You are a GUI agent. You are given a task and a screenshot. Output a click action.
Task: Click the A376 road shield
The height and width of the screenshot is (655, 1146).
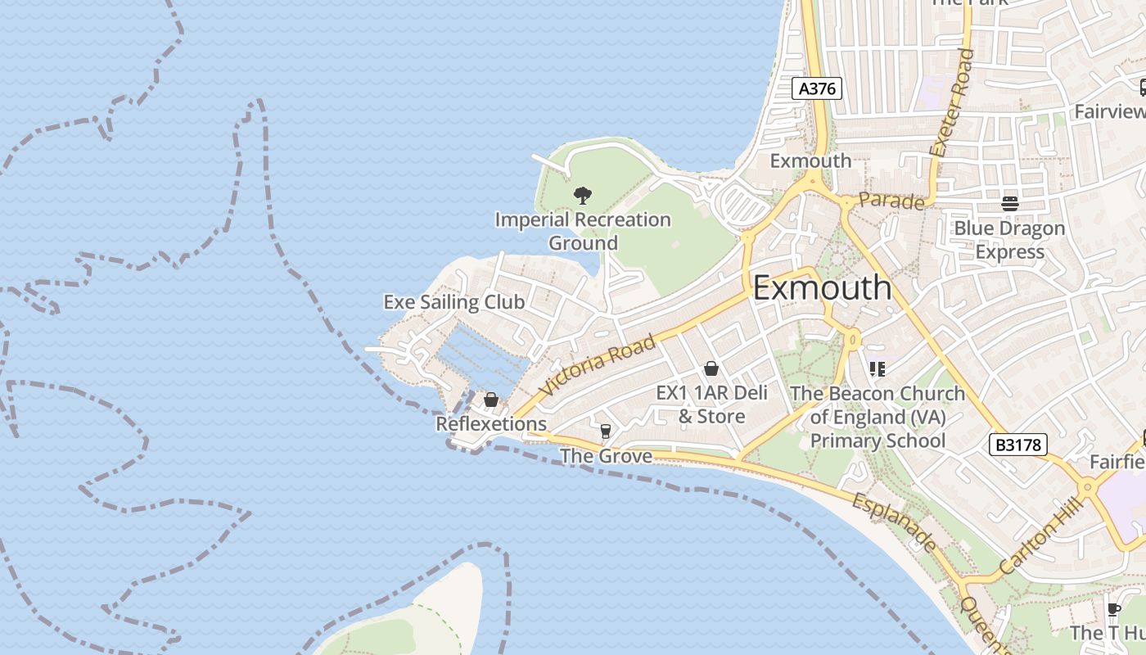point(817,88)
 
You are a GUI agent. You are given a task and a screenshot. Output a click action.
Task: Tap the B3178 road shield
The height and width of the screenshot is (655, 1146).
point(1018,445)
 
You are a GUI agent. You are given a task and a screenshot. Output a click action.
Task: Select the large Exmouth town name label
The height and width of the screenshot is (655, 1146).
point(822,287)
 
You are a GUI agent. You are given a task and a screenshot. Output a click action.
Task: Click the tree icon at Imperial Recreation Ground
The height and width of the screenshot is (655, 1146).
point(583,195)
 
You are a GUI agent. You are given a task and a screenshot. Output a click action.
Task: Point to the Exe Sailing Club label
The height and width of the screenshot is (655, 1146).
point(453,302)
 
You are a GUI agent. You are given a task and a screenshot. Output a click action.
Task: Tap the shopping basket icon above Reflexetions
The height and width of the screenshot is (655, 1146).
point(491,400)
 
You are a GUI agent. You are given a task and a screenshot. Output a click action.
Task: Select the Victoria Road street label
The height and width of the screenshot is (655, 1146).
point(599,365)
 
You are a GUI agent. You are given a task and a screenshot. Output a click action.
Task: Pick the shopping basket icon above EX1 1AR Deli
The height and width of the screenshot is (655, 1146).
point(711,368)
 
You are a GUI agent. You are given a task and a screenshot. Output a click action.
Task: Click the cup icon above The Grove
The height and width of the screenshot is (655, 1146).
point(606,431)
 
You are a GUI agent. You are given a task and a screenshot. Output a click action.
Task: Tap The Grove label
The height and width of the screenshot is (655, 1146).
point(606,456)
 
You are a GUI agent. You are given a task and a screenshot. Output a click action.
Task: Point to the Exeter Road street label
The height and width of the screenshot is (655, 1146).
point(953,103)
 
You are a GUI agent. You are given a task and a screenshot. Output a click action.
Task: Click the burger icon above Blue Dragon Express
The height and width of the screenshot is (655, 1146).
point(1009,203)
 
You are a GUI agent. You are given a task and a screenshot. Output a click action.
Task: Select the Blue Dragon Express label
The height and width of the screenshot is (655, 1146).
point(1009,240)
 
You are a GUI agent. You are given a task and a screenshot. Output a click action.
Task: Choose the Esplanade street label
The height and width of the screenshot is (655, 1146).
point(894,522)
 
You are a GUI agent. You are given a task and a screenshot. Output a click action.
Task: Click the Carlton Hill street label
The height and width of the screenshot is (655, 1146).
point(1042,535)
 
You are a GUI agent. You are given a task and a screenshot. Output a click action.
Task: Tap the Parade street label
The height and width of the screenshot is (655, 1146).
point(891,201)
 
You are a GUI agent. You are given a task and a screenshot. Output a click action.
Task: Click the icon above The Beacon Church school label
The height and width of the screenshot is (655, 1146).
point(878,369)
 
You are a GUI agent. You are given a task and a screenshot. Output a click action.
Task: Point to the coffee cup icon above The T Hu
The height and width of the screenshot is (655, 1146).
point(1113,609)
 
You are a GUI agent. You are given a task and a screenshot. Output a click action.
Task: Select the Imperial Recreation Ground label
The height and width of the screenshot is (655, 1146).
point(583,232)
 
